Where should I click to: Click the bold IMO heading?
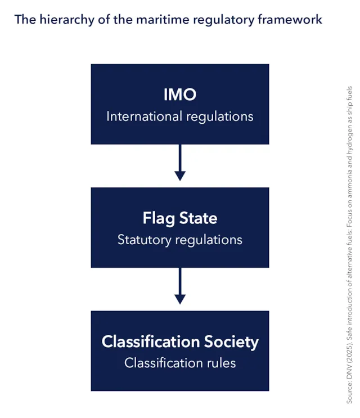point(180,95)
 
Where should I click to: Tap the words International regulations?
point(180,117)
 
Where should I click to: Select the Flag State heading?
point(180,218)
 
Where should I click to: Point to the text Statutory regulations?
point(180,240)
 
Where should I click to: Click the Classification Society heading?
point(180,341)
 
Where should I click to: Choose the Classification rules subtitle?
point(180,363)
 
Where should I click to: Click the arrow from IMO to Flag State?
point(180,163)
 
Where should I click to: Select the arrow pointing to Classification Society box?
point(180,286)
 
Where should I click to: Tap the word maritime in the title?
point(163,20)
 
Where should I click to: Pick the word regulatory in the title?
point(224,20)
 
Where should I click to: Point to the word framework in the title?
point(290,20)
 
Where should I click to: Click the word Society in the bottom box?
point(231,342)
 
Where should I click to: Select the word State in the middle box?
point(198,218)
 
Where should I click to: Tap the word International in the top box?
point(144,116)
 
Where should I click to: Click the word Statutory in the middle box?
point(145,240)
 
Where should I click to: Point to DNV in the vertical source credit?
point(349,372)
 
